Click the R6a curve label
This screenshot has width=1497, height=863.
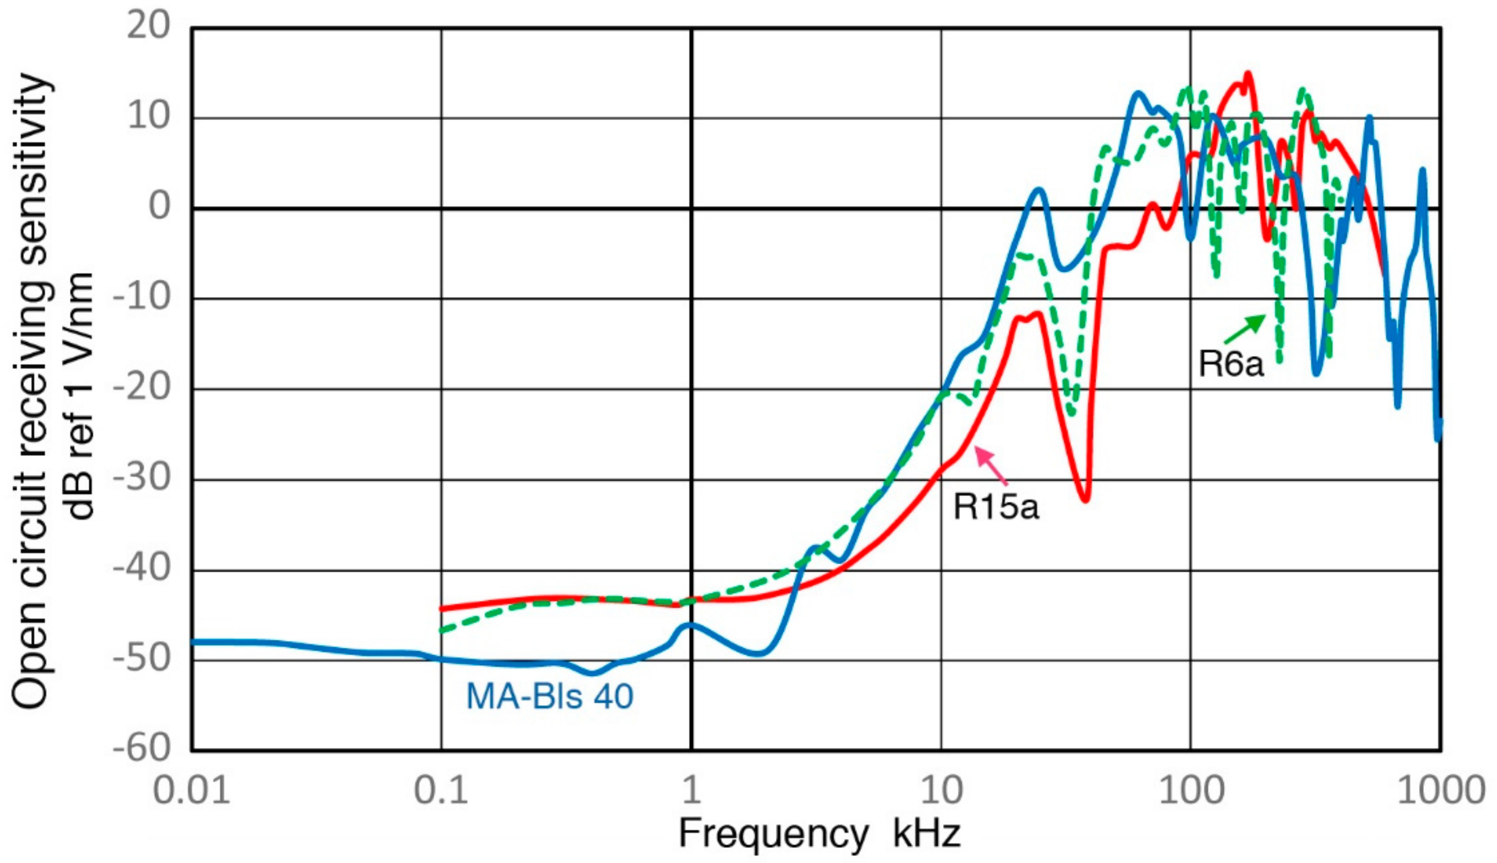tap(1230, 363)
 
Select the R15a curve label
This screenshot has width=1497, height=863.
tap(996, 507)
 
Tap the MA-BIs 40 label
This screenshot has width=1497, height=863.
tap(550, 696)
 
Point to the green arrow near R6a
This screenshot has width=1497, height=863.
tap(1245, 330)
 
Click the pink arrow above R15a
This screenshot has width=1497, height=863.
tap(991, 466)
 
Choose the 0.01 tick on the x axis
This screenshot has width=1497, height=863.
tap(191, 791)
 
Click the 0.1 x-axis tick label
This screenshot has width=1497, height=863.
tap(441, 791)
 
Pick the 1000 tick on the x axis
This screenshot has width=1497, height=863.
tap(1441, 791)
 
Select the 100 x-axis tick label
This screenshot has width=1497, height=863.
tap(1191, 791)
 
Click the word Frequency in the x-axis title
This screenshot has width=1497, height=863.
tap(773, 834)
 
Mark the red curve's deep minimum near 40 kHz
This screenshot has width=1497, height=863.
tap(1085, 500)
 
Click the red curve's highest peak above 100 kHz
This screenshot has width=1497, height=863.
tap(1247, 75)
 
